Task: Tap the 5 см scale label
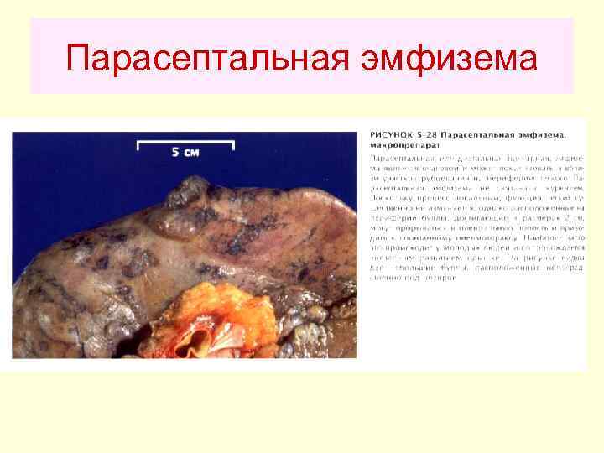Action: (x=186, y=152)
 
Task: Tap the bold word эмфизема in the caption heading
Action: (x=537, y=134)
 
